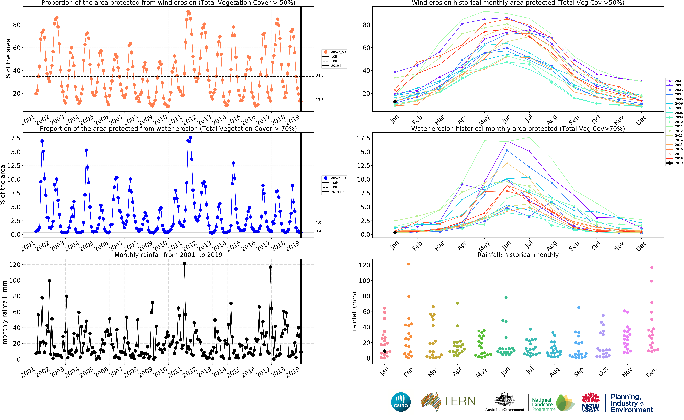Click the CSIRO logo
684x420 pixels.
[x=401, y=402]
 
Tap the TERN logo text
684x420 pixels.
[x=459, y=401]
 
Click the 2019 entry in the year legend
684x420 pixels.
[x=675, y=163]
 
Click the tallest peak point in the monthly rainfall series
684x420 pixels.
[x=184, y=264]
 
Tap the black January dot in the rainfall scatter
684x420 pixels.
[x=385, y=351]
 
